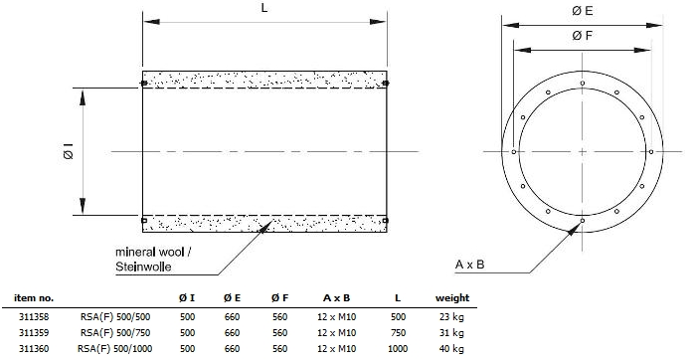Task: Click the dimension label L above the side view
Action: [264, 8]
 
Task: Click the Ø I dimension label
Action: [68, 151]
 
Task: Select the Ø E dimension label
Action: [582, 11]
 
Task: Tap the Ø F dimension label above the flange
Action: [582, 36]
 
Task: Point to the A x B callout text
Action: [470, 265]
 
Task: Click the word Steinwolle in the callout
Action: [143, 267]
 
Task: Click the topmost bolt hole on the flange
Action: [583, 83]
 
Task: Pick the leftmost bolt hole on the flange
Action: [514, 152]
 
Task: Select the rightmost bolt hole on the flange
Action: [651, 152]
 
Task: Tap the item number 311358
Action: [34, 317]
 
